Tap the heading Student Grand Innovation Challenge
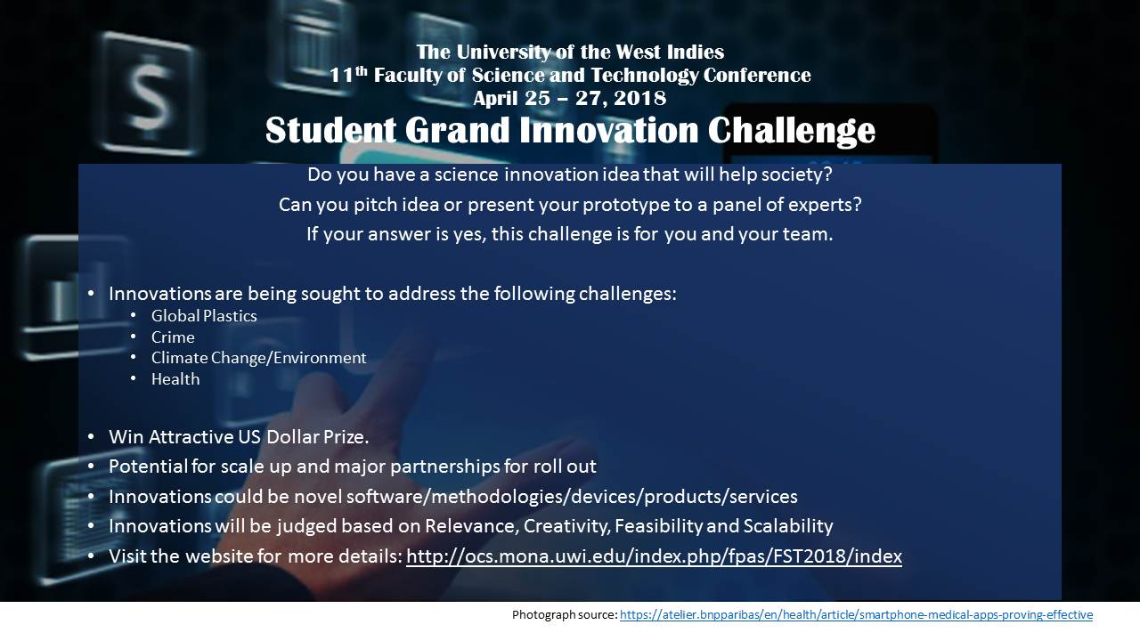tap(570, 130)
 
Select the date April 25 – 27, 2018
tap(569, 98)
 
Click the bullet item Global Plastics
tap(204, 316)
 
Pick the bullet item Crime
tap(173, 337)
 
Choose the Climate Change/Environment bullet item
tap(258, 358)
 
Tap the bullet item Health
tap(175, 379)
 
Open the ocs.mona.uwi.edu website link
tap(654, 556)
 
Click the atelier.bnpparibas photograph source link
tap(856, 615)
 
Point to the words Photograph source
tap(565, 615)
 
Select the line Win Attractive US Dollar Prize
tap(239, 437)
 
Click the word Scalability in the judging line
tap(788, 526)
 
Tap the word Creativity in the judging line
tap(566, 526)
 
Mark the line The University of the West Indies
tap(570, 52)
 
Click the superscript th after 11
tap(361, 70)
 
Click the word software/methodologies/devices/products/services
tap(572, 497)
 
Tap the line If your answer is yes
tap(569, 234)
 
